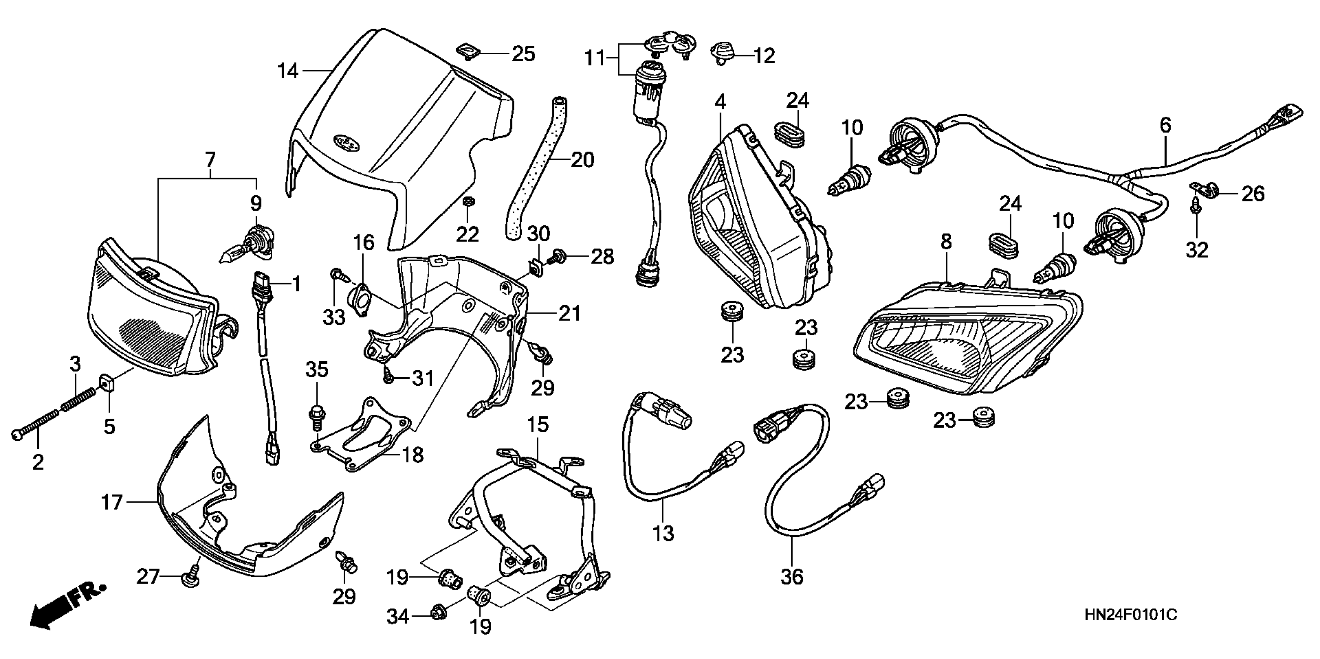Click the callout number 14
[x=287, y=71]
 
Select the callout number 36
[x=792, y=578]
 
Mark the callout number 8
[x=946, y=242]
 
